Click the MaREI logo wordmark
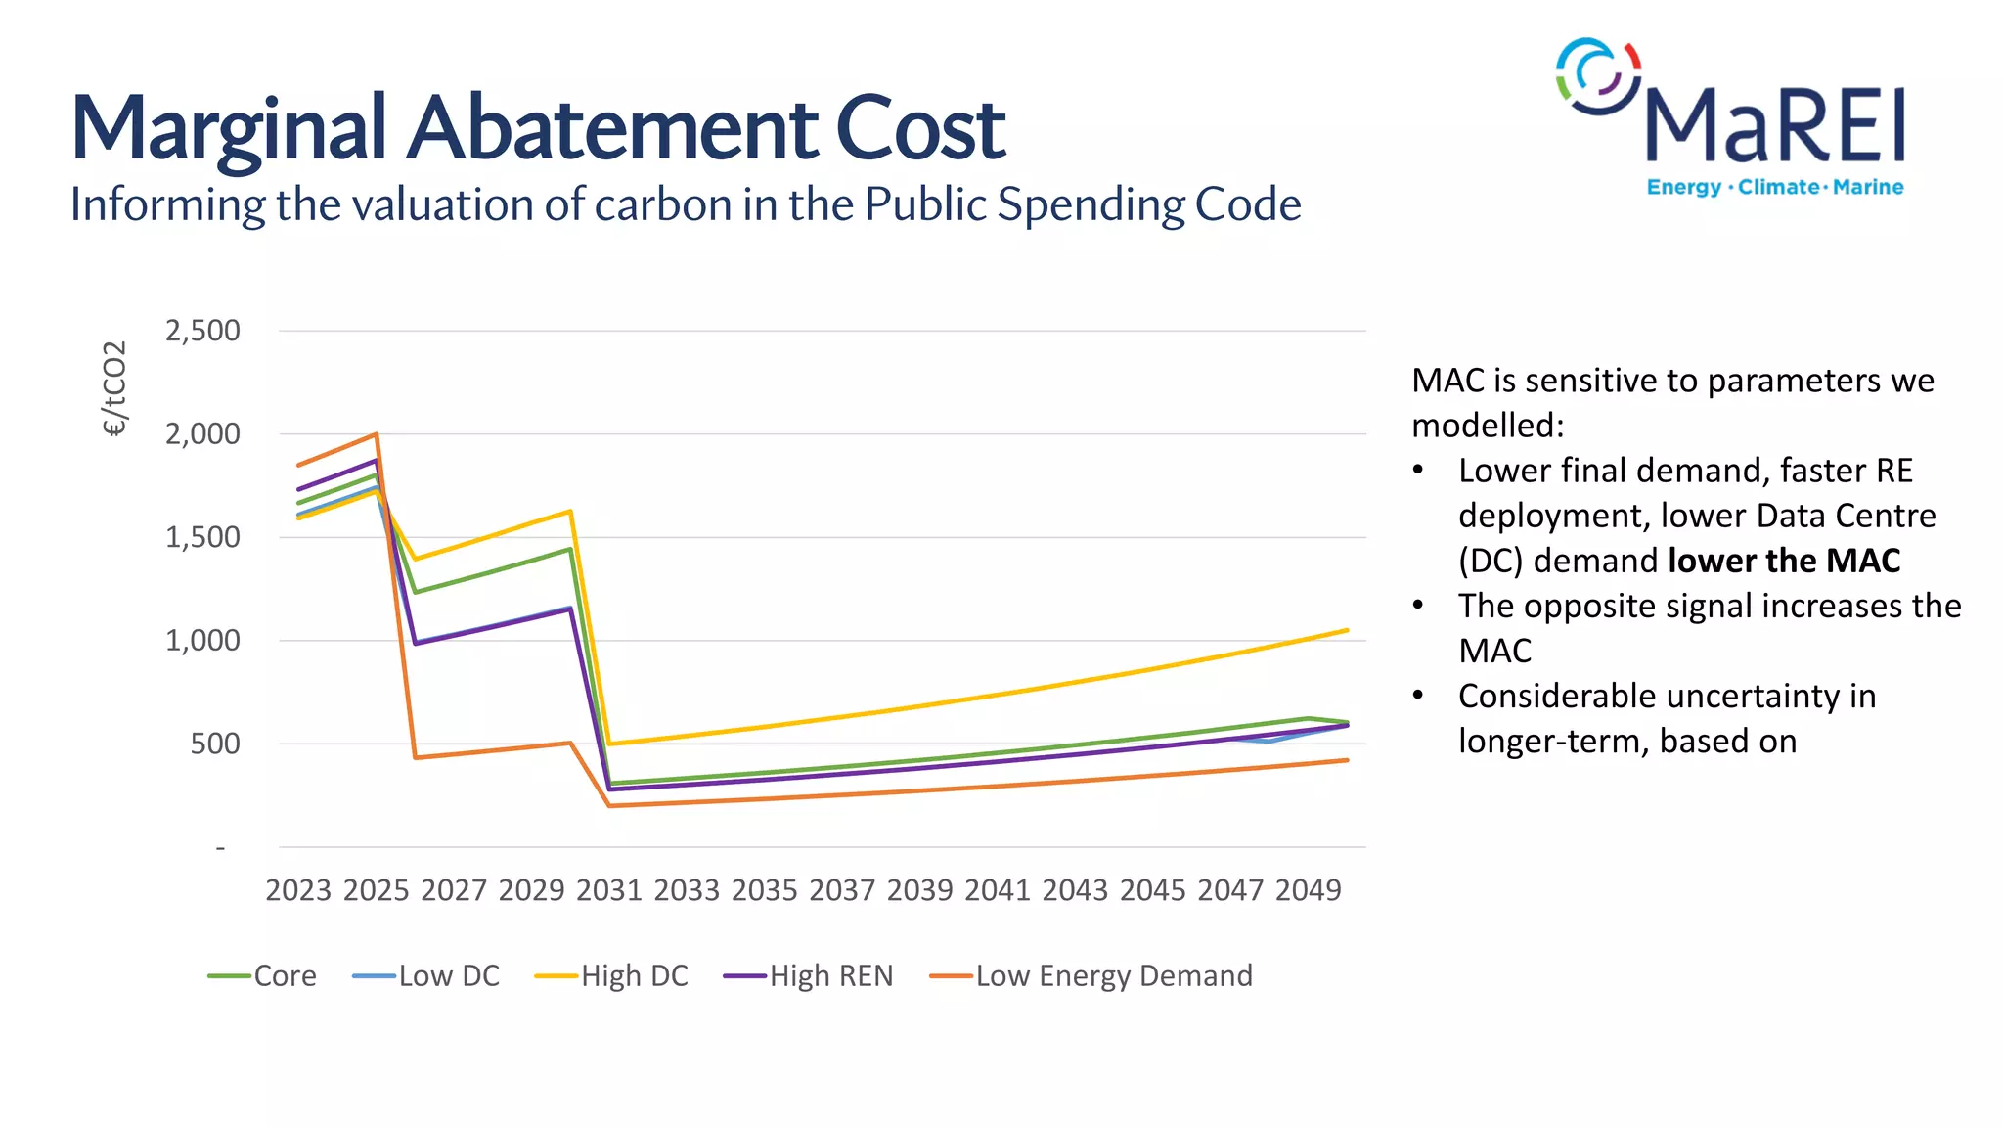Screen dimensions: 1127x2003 tap(1774, 125)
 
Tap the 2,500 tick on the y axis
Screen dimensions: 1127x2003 tap(202, 331)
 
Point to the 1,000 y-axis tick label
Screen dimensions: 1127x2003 tap(202, 641)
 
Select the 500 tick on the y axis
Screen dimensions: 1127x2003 tap(215, 744)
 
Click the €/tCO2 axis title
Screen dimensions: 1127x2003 tap(114, 388)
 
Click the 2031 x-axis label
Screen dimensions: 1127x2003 tap(608, 890)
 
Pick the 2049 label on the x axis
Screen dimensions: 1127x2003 tap(1308, 890)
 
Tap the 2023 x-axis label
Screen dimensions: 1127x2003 tap(298, 890)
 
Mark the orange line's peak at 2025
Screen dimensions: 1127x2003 tap(377, 434)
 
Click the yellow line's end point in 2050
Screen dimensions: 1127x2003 tap(1347, 630)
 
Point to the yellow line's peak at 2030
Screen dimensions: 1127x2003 tap(570, 511)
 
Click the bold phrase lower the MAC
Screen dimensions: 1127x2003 tap(1784, 561)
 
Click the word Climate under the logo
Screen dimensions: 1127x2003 tap(1778, 187)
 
